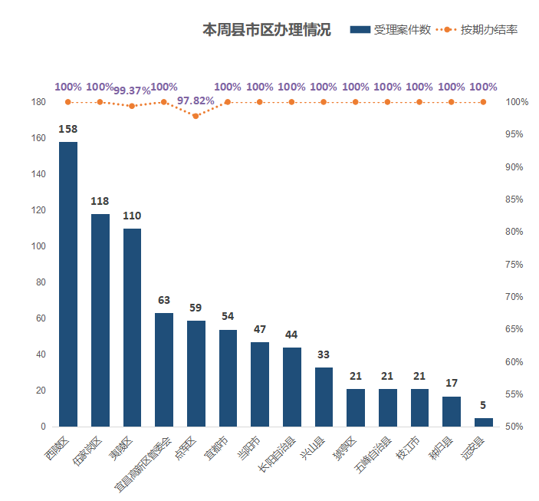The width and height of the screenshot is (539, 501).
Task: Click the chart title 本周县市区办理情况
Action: tap(266, 30)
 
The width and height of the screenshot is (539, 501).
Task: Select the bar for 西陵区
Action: tap(68, 284)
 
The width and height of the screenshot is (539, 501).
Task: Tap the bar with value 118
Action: tap(100, 320)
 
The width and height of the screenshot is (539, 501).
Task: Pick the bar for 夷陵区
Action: tap(132, 327)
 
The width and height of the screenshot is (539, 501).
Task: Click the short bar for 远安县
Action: tap(483, 422)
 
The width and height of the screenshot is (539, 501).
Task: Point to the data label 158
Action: tap(68, 128)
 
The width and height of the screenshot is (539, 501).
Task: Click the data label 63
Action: tap(164, 300)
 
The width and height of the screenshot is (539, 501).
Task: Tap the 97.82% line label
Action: tap(196, 101)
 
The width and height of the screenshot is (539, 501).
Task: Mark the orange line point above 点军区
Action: tap(196, 116)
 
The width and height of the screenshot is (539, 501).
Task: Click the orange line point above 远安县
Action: tap(483, 102)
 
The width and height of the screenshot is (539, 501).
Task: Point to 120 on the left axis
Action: tap(38, 210)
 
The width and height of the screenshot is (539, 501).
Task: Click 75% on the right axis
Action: tap(514, 265)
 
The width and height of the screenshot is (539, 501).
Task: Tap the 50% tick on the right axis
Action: tap(514, 427)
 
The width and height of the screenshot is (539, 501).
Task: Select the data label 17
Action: tap(452, 383)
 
